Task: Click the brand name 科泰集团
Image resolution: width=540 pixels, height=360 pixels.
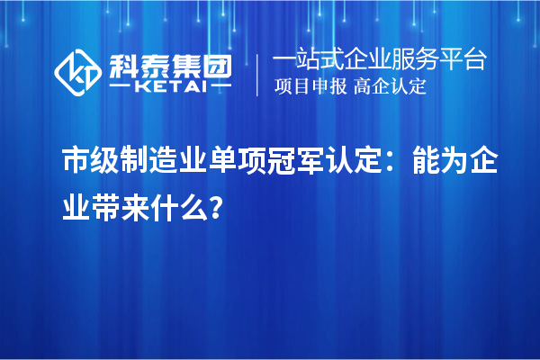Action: [171, 62]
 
